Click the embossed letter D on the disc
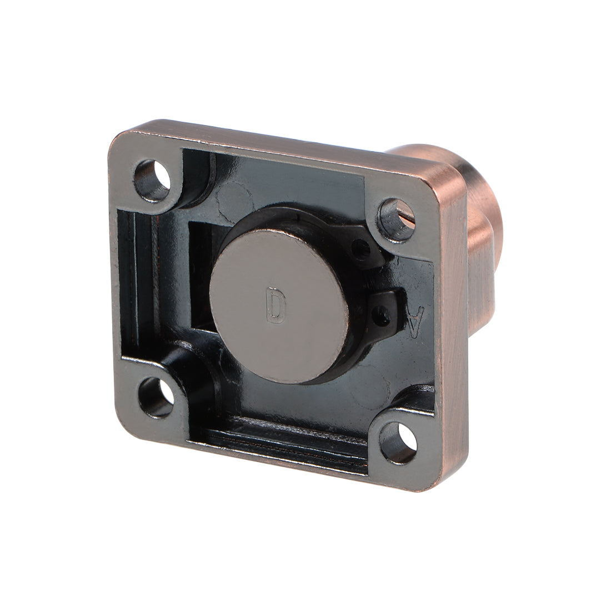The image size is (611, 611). pyautogui.click(x=274, y=305)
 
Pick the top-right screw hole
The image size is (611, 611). pyautogui.click(x=397, y=214)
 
